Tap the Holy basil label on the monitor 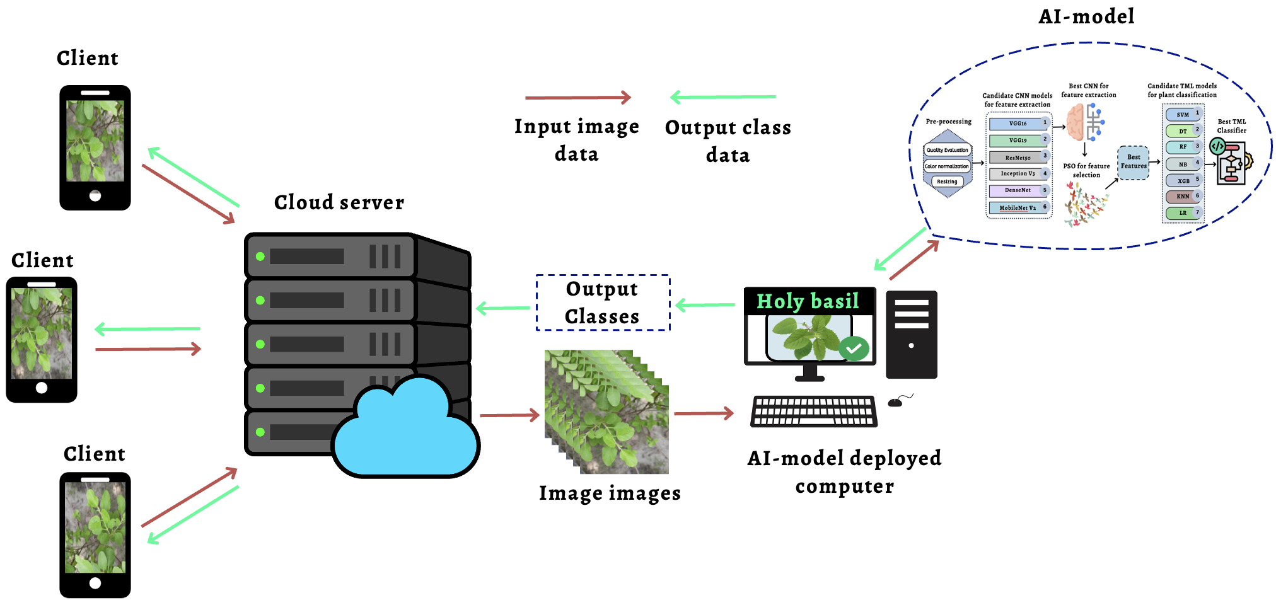808,301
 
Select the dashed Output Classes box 602,302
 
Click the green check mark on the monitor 854,349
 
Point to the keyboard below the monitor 813,411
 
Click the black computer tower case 911,334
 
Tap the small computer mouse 895,402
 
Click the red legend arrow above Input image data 577,98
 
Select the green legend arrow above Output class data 722,97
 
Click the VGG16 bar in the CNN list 1018,124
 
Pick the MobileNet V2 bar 1018,207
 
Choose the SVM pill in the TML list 1183,115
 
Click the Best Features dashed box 1133,162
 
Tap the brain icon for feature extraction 1076,122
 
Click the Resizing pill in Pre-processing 947,181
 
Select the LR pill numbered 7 1183,213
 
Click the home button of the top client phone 95,196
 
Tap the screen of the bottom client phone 95,527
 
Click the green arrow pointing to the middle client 148,328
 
